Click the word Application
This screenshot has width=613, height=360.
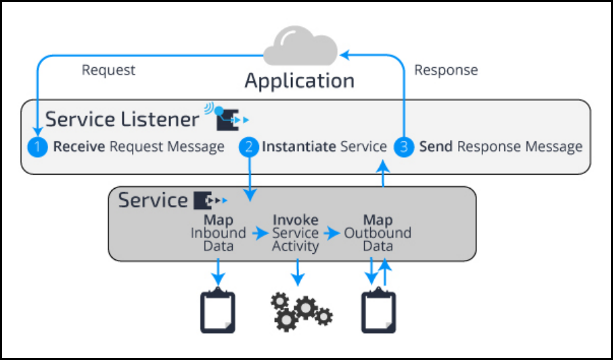[299, 81]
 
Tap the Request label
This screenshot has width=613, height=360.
[108, 70]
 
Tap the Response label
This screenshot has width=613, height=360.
[446, 70]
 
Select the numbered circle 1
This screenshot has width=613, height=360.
[38, 147]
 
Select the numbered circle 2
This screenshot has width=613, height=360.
[250, 147]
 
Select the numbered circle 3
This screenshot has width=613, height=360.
[404, 147]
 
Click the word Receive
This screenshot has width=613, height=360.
[78, 147]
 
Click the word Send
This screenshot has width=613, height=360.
[435, 147]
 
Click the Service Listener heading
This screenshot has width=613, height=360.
[122, 120]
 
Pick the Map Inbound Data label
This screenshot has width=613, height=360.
[218, 233]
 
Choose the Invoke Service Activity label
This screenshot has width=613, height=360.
[295, 233]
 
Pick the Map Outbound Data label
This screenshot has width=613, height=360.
[378, 233]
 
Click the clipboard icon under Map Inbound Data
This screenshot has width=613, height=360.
[218, 311]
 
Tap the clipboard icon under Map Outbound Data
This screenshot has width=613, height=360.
[378, 311]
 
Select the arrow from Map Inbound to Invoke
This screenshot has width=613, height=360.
[260, 233]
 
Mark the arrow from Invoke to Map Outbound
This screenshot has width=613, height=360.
[332, 233]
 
